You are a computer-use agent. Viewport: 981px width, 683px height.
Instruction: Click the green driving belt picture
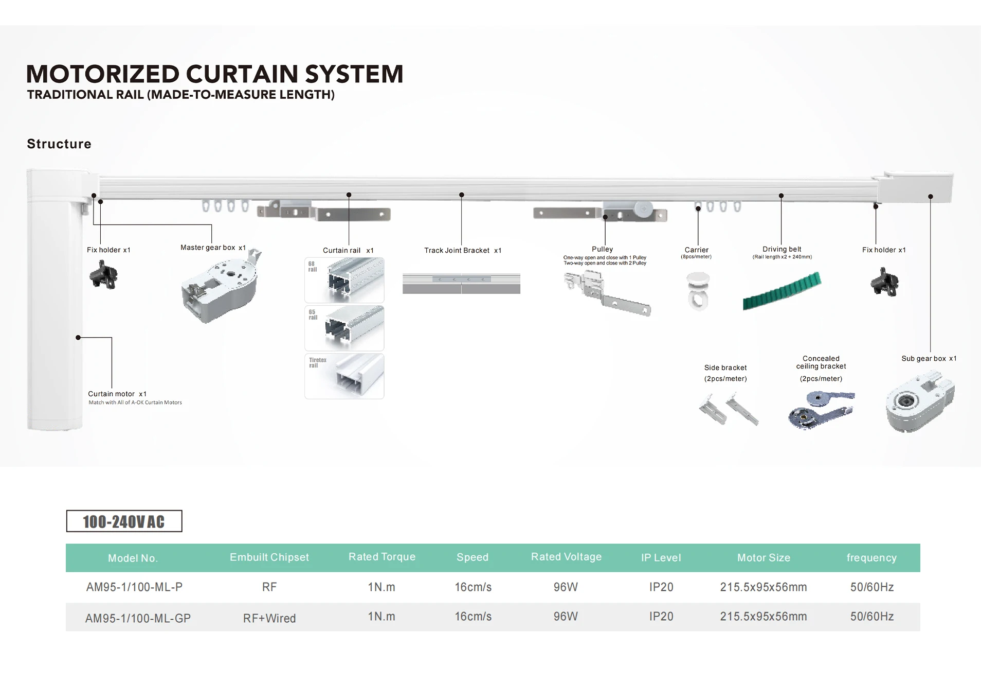[782, 291]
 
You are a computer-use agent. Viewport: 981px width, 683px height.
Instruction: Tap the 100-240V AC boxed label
[124, 521]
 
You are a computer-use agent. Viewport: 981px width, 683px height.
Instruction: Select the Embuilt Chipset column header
[269, 557]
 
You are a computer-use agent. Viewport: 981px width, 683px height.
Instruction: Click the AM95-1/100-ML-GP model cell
[138, 618]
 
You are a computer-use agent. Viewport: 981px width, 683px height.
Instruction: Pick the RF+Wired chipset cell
[269, 618]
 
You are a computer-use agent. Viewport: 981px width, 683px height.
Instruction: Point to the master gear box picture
[221, 286]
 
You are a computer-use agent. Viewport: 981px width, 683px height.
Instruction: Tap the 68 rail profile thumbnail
[344, 280]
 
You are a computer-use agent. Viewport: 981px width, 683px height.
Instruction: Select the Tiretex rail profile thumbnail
[344, 376]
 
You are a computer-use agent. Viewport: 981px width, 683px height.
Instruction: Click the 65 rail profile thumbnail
[344, 328]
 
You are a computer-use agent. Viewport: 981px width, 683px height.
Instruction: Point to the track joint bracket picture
[461, 284]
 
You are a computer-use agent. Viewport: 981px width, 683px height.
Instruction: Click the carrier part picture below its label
[698, 291]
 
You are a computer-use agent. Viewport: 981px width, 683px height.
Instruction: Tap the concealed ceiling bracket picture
[821, 409]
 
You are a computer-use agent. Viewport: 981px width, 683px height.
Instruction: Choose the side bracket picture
[729, 409]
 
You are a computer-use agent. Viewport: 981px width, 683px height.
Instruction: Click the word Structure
[59, 144]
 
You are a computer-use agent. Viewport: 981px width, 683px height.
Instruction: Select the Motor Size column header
[764, 557]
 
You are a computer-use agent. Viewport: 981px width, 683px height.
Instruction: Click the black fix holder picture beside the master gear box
[104, 274]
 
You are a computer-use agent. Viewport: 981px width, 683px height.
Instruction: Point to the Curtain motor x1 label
[117, 394]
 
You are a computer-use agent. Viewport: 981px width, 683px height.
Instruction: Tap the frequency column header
[871, 557]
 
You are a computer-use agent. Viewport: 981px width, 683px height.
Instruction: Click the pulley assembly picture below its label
[607, 293]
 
